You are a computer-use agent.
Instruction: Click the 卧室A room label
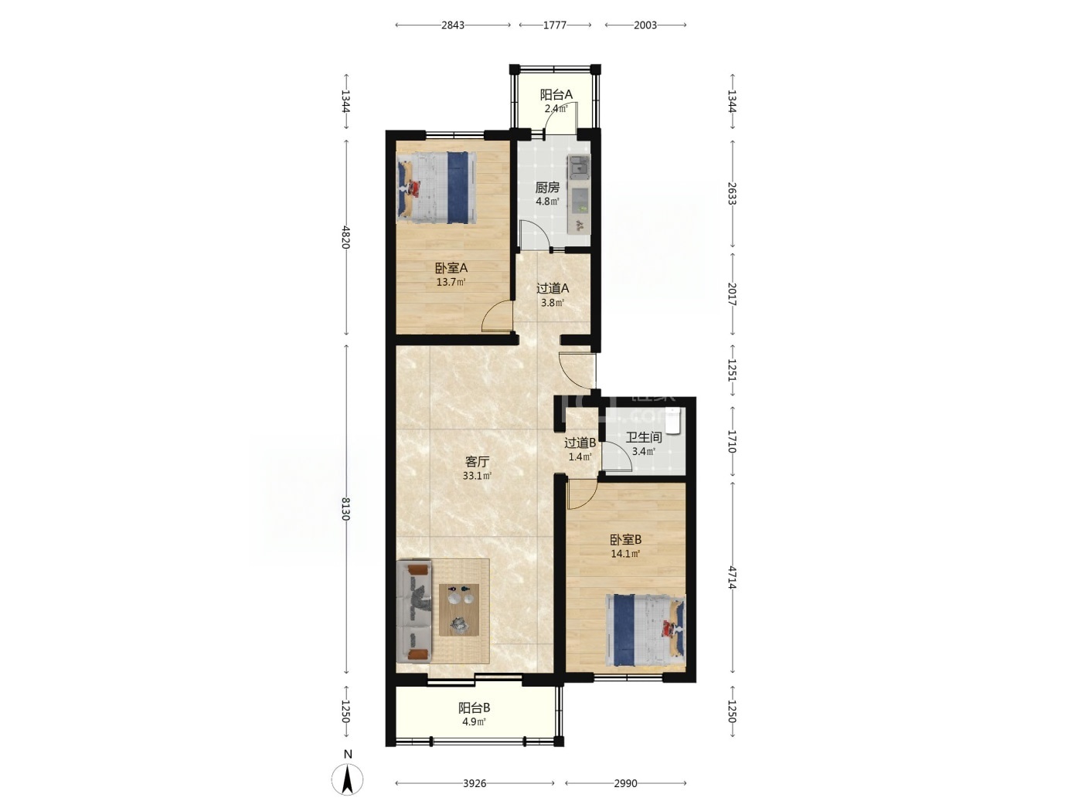pos(451,268)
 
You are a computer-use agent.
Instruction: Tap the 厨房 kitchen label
pos(547,187)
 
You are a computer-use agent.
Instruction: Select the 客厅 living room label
pos(477,462)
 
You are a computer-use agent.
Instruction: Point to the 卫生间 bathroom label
pos(644,436)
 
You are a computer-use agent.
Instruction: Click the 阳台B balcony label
pos(474,708)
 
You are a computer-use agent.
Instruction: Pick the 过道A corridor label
pos(552,288)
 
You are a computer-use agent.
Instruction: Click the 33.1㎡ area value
pos(477,476)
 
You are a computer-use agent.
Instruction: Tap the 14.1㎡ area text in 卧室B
pos(625,554)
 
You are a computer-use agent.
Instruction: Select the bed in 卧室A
pos(437,187)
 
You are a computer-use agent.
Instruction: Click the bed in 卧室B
pos(646,630)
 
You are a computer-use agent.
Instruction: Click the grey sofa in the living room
pos(414,611)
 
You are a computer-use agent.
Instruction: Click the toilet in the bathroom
pos(675,420)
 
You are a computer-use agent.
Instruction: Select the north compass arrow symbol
pos(348,779)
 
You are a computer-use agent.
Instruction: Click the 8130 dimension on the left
pos(345,509)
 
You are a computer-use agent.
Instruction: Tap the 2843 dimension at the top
pos(453,25)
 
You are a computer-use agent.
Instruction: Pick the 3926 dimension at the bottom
pos(475,783)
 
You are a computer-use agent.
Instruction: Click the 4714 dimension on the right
pos(732,578)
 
